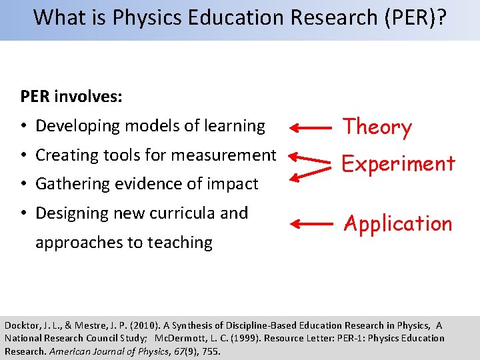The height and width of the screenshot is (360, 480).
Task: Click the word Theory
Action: pyautogui.click(x=377, y=127)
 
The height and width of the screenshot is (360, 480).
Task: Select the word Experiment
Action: pyautogui.click(x=399, y=164)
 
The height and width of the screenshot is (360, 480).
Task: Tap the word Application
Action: pyautogui.click(x=397, y=223)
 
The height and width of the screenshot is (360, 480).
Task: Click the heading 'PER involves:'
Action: pyautogui.click(x=71, y=97)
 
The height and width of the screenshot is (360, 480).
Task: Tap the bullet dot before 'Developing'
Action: pyautogui.click(x=23, y=126)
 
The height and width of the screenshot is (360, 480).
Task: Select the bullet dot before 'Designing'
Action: pyautogui.click(x=23, y=213)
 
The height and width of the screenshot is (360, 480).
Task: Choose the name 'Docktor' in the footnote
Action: pyautogui.click(x=22, y=325)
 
